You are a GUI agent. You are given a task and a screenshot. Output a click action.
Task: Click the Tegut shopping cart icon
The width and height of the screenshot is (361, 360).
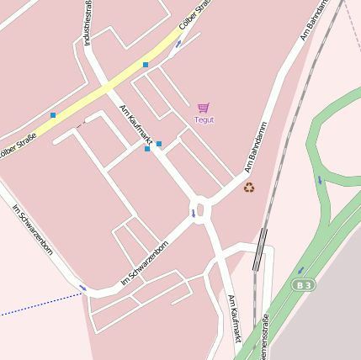(203, 108)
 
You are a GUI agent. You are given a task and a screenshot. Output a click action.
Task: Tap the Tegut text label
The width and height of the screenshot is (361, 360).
(204, 119)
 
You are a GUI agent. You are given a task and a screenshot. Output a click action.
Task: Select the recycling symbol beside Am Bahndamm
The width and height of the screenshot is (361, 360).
(249, 187)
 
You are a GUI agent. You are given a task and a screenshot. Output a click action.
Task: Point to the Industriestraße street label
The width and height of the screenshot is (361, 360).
(88, 24)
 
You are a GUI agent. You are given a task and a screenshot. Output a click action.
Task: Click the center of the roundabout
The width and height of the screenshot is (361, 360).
(199, 208)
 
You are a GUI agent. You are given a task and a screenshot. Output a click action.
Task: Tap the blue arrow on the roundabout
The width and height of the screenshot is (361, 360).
(193, 213)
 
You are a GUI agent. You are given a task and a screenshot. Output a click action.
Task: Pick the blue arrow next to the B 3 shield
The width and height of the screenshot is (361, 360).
(300, 270)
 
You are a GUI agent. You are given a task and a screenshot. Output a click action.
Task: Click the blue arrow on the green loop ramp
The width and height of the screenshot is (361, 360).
(319, 179)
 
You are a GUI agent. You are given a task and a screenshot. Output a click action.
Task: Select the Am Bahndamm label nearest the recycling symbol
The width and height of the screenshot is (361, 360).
(256, 147)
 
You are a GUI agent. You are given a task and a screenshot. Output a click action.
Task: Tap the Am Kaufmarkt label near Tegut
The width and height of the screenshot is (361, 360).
(135, 124)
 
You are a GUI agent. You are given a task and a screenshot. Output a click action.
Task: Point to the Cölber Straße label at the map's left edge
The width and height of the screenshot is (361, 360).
(17, 144)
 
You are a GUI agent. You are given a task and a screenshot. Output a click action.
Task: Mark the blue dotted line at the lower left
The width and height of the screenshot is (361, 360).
(34, 308)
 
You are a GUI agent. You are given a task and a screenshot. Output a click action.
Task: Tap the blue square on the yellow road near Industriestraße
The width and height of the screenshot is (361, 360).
(146, 65)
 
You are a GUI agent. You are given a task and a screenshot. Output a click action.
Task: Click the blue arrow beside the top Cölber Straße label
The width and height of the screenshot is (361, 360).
(178, 43)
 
